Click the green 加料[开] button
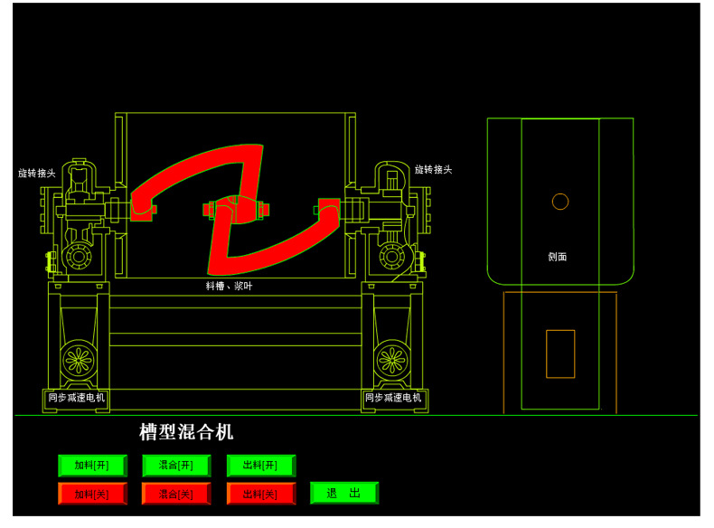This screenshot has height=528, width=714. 92,466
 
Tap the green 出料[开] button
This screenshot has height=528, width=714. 260,466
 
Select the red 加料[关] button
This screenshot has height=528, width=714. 92,494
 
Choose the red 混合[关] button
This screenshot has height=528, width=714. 176,494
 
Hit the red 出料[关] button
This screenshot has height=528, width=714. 260,494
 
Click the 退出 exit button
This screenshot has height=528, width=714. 343,493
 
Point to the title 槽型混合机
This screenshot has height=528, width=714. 186,432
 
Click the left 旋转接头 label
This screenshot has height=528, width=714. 37,173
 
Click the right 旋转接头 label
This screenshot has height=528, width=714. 433,169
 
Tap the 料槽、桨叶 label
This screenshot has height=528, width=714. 229,286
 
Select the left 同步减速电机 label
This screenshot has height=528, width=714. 77,397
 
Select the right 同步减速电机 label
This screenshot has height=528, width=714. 393,397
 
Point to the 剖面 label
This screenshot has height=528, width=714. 558,257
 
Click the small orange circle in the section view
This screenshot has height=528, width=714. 560,202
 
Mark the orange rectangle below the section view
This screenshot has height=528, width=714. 560,354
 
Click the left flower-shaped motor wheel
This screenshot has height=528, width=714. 79,360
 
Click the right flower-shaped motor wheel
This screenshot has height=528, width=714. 392,360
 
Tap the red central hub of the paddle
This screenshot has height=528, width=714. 236,210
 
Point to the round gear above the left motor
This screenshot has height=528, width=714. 78,257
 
